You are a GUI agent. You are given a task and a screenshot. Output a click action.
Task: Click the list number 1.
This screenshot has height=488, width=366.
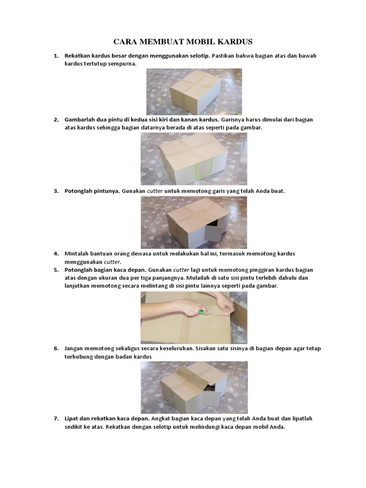(x=56, y=56)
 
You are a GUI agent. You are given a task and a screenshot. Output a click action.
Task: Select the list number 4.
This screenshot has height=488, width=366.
(x=56, y=254)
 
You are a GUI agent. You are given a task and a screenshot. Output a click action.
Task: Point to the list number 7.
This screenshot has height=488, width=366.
(x=56, y=418)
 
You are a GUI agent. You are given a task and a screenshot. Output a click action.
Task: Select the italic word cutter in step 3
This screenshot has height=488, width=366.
(x=154, y=191)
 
